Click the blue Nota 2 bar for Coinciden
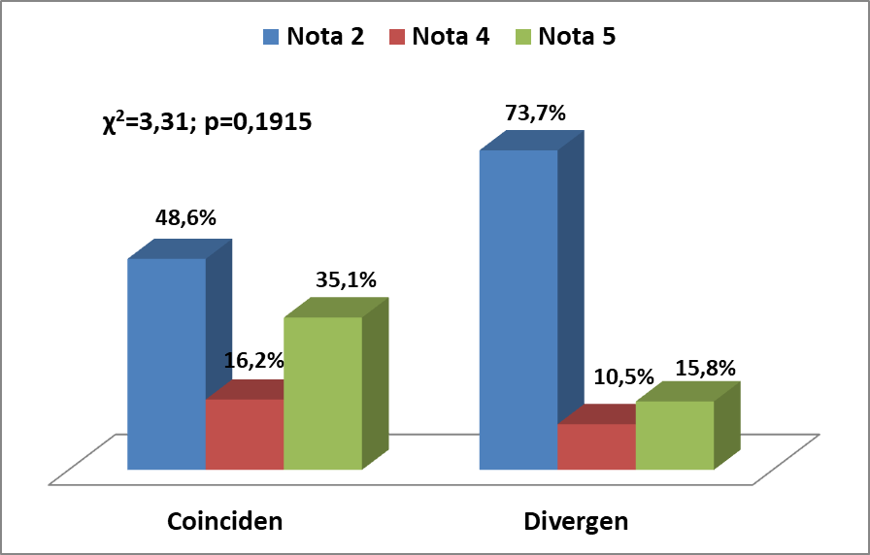(x=167, y=364)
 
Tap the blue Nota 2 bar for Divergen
(x=519, y=310)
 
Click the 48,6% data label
(x=185, y=218)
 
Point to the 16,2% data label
(x=254, y=361)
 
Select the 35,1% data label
(x=347, y=280)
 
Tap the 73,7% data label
(x=535, y=114)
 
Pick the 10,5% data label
(x=624, y=377)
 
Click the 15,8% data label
(x=706, y=368)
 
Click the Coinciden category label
(x=224, y=522)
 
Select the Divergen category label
(x=576, y=522)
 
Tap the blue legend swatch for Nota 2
(x=271, y=37)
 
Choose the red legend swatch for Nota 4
(x=397, y=37)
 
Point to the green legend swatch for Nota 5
(x=523, y=37)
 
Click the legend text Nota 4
(x=451, y=37)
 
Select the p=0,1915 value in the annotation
(x=258, y=122)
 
